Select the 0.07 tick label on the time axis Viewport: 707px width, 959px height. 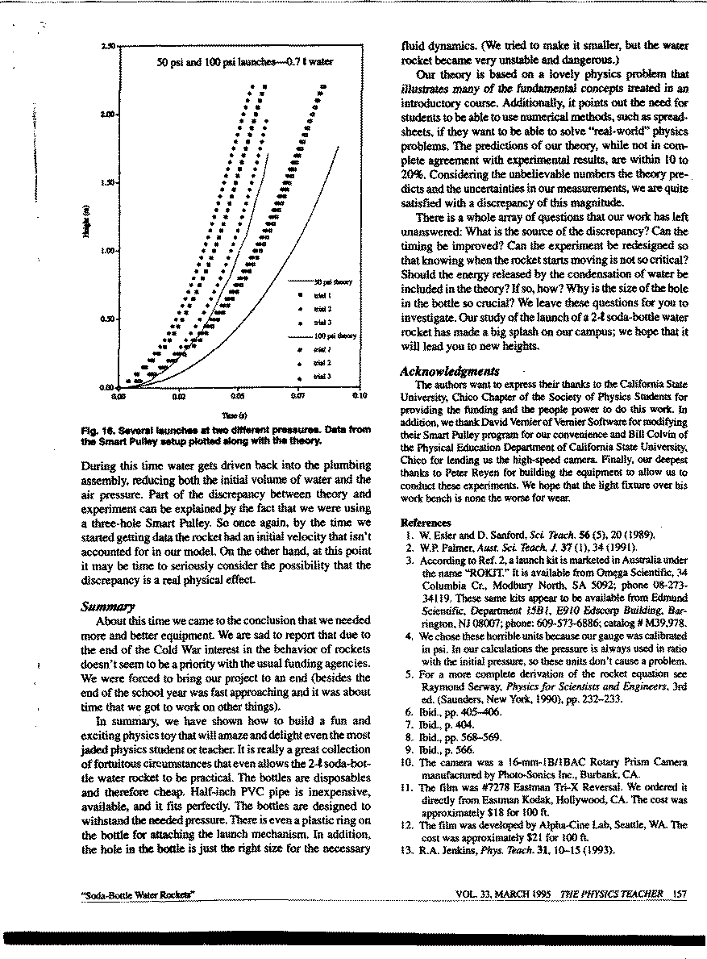pyautogui.click(x=296, y=398)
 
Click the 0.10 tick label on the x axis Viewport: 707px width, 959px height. pyautogui.click(x=359, y=398)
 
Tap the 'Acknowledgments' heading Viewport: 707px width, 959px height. pyautogui.click(x=450, y=371)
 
